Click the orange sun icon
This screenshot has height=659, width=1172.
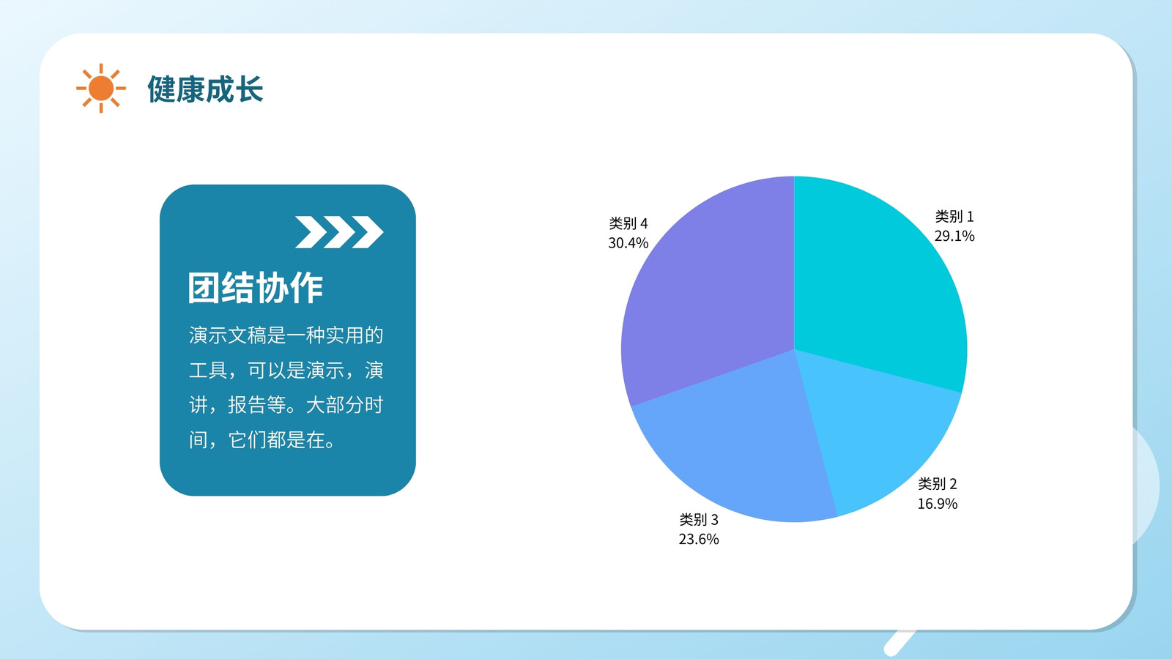(x=101, y=88)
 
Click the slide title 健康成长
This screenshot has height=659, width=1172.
(x=205, y=89)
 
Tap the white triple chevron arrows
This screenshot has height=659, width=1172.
(x=339, y=231)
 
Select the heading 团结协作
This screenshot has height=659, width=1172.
(x=256, y=287)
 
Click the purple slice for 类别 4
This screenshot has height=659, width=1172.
(x=711, y=293)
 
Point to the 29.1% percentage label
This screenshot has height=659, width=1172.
(x=954, y=236)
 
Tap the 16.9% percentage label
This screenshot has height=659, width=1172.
(x=937, y=503)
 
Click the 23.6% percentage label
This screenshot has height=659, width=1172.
(x=699, y=539)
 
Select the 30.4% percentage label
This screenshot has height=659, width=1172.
(x=628, y=242)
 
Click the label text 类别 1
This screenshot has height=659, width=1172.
(x=954, y=216)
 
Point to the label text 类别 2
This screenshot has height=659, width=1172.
(x=937, y=484)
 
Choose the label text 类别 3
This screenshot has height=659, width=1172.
(x=699, y=519)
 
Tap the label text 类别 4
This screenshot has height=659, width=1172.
(x=628, y=223)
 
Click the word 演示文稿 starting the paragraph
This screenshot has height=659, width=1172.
(x=228, y=335)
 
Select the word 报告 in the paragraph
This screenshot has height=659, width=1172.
(x=247, y=405)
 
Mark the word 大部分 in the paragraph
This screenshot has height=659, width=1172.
(x=334, y=405)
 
